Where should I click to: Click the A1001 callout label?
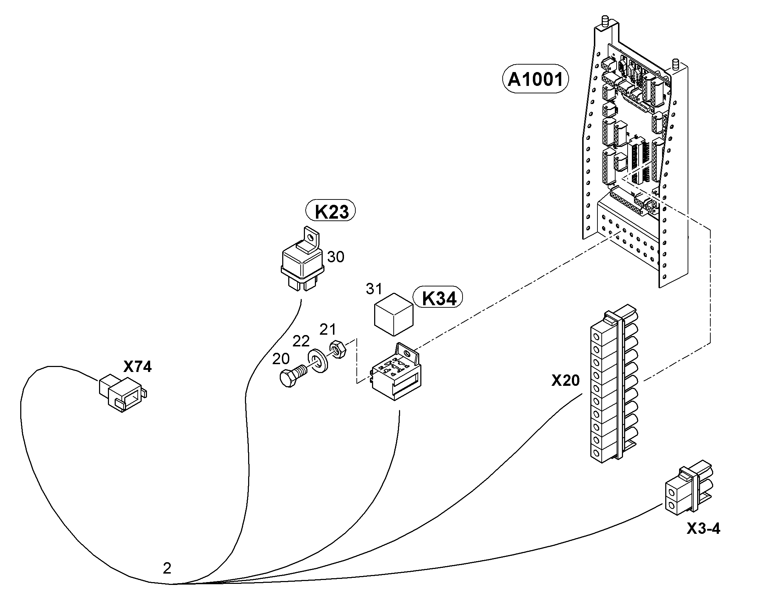click(x=535, y=79)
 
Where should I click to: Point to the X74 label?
click(x=137, y=366)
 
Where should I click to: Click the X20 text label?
click(x=565, y=380)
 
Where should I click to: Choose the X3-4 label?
click(x=703, y=529)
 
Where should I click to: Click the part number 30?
click(x=336, y=257)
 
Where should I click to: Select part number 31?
click(x=374, y=289)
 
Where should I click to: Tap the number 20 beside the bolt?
click(x=281, y=359)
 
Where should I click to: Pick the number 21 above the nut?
click(x=328, y=330)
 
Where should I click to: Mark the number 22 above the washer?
click(x=301, y=341)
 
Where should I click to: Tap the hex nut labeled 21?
click(x=338, y=350)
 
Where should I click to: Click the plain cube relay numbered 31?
click(x=394, y=314)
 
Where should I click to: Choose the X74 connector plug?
click(x=122, y=393)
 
